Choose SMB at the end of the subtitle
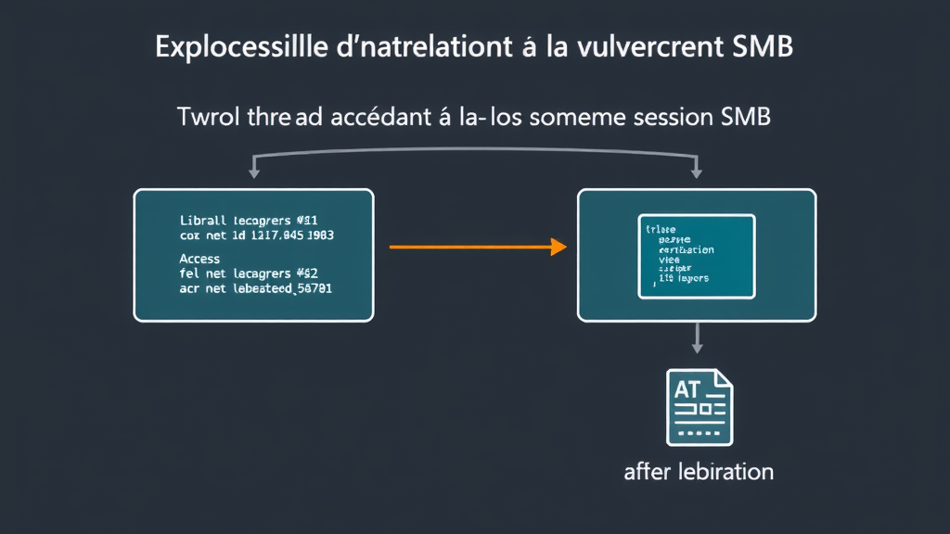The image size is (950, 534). (745, 118)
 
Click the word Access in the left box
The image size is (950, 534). (199, 259)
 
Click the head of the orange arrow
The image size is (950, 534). (558, 248)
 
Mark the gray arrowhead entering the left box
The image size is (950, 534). (252, 173)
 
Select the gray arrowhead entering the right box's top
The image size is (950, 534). (697, 173)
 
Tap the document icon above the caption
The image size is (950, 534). (699, 406)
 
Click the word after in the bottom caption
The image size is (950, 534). (646, 471)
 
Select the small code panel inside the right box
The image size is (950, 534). (697, 256)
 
